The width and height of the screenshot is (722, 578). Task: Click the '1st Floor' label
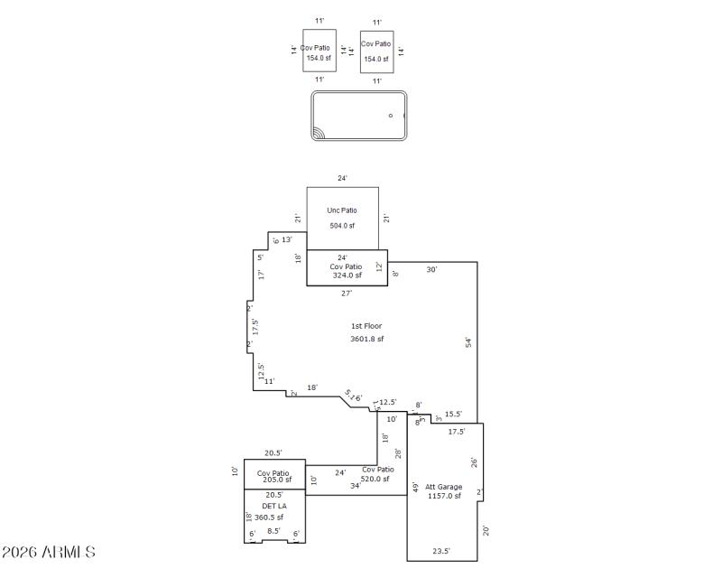[367, 325]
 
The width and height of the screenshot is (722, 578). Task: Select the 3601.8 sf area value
[367, 340]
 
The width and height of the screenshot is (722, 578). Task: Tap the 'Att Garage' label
[443, 487]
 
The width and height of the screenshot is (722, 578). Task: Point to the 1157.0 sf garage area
[443, 496]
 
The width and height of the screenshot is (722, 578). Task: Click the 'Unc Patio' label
[342, 210]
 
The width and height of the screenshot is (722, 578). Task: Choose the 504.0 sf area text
[342, 226]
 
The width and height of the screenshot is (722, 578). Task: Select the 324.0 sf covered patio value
[347, 275]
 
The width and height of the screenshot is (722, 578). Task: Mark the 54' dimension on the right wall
[468, 342]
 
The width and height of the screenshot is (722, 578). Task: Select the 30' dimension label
[431, 270]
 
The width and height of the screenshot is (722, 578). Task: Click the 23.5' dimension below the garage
[441, 551]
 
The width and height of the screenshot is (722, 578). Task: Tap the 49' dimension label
[415, 488]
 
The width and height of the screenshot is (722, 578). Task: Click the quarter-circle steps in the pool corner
[319, 134]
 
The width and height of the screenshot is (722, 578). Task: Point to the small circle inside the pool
[391, 116]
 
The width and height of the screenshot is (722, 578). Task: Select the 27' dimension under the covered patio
[347, 293]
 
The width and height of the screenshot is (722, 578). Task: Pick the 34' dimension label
[356, 485]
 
